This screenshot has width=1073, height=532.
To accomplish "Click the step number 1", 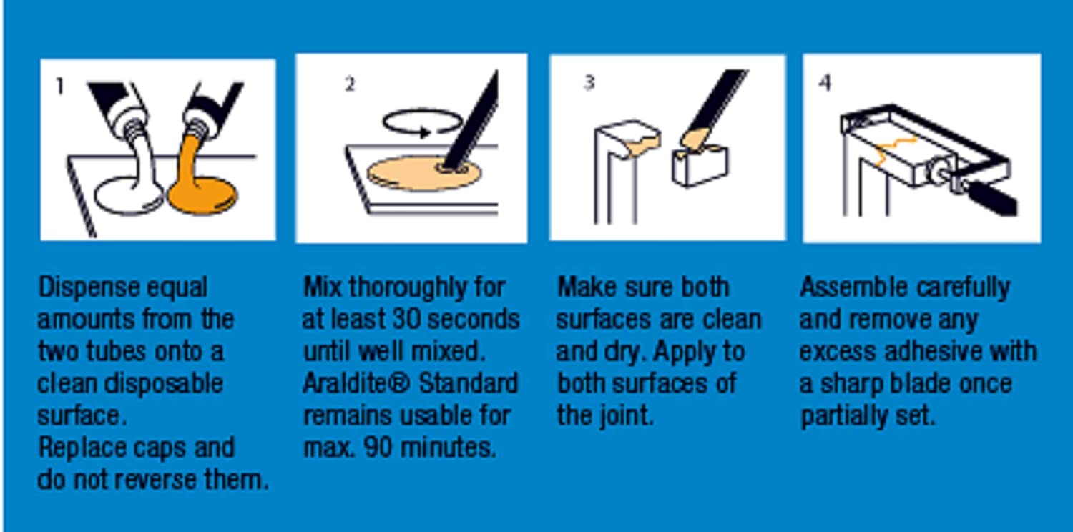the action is coord(59,87).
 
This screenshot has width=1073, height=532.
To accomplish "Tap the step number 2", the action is coord(351,84).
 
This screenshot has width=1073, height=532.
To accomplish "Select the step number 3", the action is coord(589,82).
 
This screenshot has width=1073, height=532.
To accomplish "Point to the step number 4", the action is coord(825,82).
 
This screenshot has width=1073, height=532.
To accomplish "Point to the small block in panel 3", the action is coord(700,165).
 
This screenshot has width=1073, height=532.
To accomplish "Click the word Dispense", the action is coord(89,288).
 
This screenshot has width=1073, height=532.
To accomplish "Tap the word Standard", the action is coord(469,383).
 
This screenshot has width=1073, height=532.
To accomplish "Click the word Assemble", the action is coord(853,287).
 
